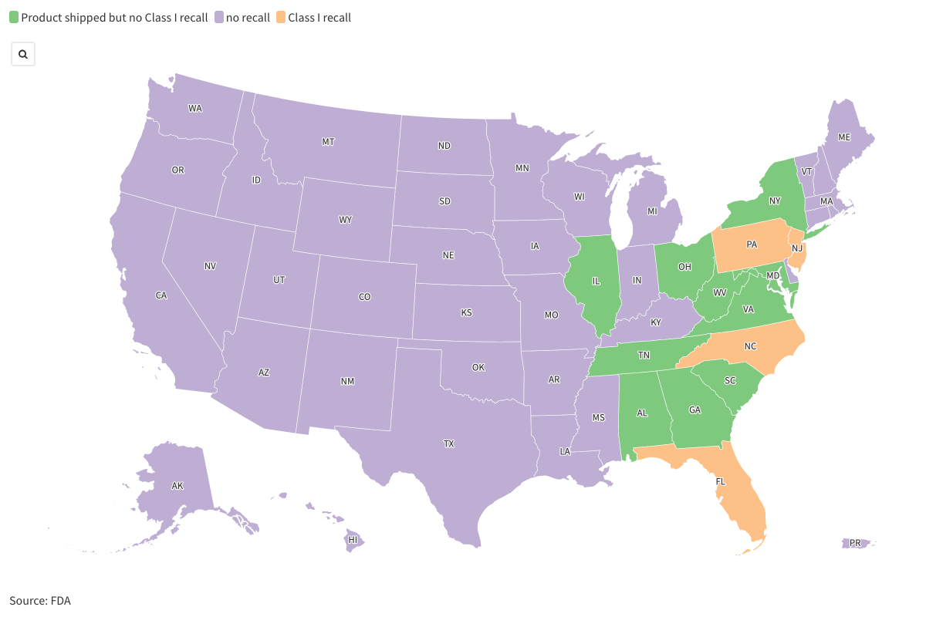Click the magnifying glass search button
(x=23, y=54)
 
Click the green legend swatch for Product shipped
(x=14, y=17)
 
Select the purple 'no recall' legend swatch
(x=218, y=17)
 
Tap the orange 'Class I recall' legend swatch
(x=280, y=17)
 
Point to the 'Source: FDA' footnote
(x=40, y=600)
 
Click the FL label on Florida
(x=721, y=481)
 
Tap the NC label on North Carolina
(x=750, y=346)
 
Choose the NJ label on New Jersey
(x=797, y=248)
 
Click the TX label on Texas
(x=448, y=443)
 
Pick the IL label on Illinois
(x=596, y=282)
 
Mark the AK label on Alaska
(x=177, y=486)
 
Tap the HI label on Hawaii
(x=353, y=540)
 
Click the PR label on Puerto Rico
(x=854, y=543)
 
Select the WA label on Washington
(x=195, y=108)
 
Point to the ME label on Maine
(x=844, y=137)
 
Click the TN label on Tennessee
(x=643, y=356)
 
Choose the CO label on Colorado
(x=365, y=296)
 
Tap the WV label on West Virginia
(x=719, y=292)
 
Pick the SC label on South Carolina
(x=730, y=381)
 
